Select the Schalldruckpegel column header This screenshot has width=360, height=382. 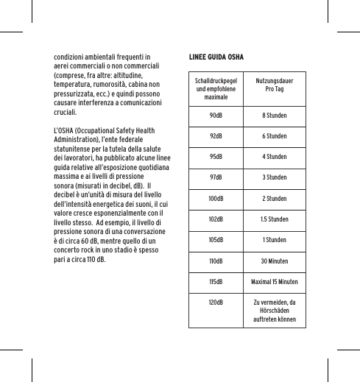pos(216,88)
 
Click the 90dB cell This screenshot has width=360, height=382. pos(216,116)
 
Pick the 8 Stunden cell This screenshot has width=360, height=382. pos(274,116)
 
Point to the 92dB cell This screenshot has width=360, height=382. pos(216,137)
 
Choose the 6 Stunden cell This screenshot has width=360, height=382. pos(274,137)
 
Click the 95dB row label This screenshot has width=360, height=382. pos(216,158)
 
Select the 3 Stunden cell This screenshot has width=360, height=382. pos(274,178)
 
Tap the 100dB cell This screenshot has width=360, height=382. pos(216,199)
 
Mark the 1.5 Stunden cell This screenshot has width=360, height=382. pos(274,219)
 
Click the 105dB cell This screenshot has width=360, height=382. pos(216,240)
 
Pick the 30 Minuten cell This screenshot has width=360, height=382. pos(274,261)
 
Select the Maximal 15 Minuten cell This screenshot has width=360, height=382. pos(274,281)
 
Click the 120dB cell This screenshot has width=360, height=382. pos(216,302)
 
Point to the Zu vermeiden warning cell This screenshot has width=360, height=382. pos(274,311)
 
